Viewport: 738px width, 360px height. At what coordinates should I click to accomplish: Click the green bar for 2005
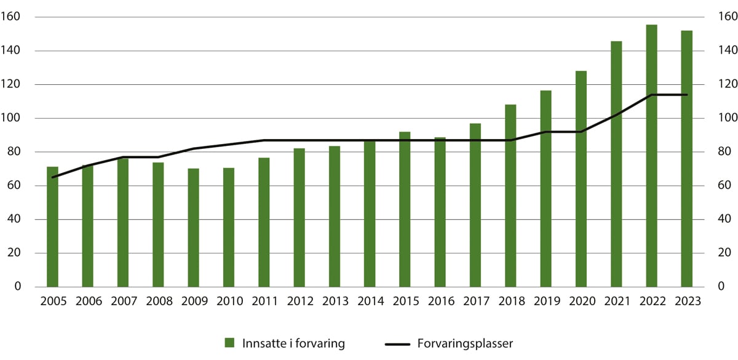(x=52, y=227)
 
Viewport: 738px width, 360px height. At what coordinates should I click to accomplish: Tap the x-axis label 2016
(x=440, y=302)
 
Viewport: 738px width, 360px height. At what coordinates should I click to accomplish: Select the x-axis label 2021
(x=616, y=302)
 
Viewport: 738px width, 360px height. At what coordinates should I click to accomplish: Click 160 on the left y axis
(x=21, y=17)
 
